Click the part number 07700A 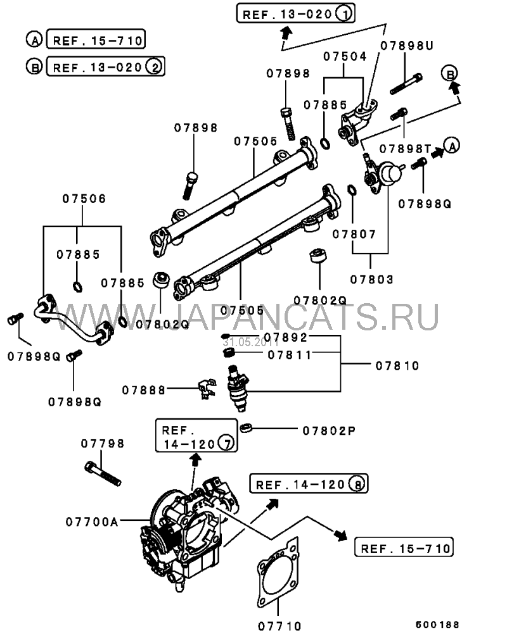[x=92, y=522]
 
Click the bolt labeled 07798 [x=102, y=474]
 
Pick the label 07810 [x=397, y=365]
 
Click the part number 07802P [x=329, y=430]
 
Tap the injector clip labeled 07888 [x=204, y=390]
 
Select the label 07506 [x=83, y=198]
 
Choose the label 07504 [x=345, y=56]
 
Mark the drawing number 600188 [x=438, y=623]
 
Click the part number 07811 [x=290, y=354]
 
